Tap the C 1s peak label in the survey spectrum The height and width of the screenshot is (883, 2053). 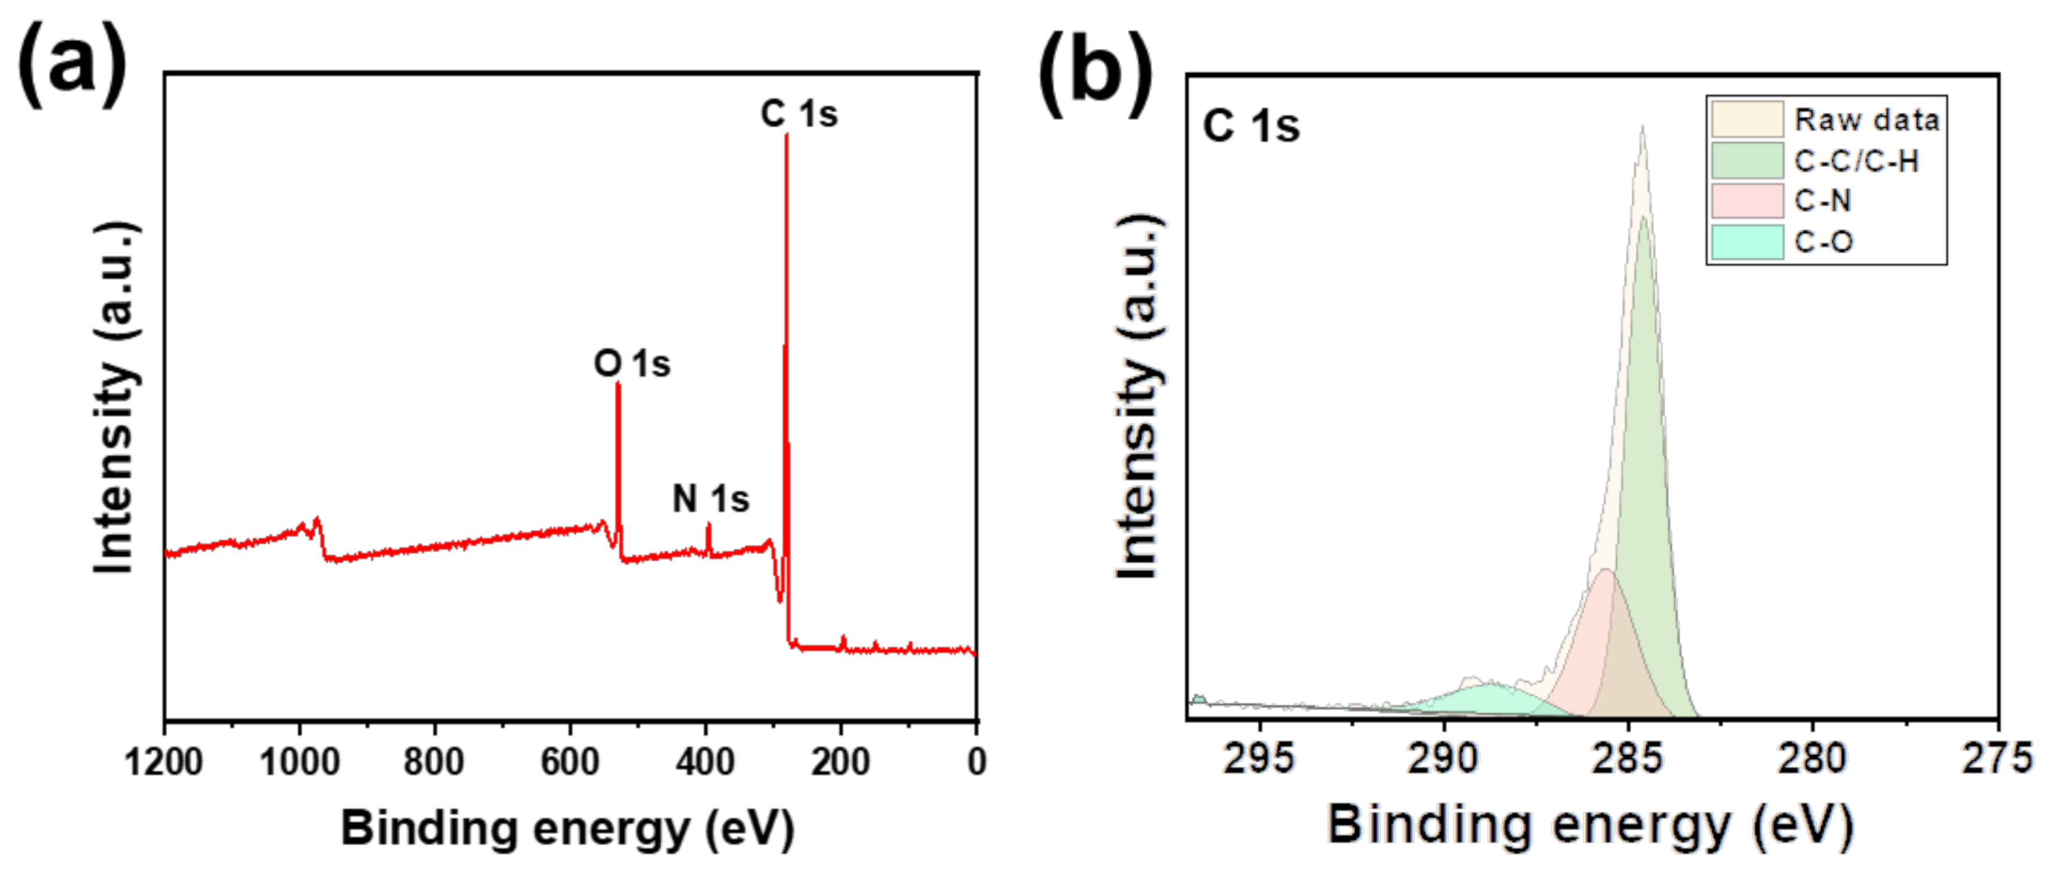pyautogui.click(x=799, y=114)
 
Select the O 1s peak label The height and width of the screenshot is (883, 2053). pyautogui.click(x=632, y=364)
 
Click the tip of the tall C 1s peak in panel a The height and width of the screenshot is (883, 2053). pyautogui.click(x=787, y=135)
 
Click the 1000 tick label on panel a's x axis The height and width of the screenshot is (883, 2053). pyautogui.click(x=300, y=762)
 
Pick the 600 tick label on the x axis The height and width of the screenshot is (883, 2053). pyautogui.click(x=570, y=762)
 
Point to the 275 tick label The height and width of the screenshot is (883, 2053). pyautogui.click(x=1997, y=758)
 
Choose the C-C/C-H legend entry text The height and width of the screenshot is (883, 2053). pyautogui.click(x=1856, y=161)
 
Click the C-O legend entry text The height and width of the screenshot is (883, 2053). pyautogui.click(x=1824, y=242)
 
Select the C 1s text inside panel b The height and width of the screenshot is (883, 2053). pyautogui.click(x=1251, y=127)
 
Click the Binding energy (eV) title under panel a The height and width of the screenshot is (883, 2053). pyautogui.click(x=568, y=829)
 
